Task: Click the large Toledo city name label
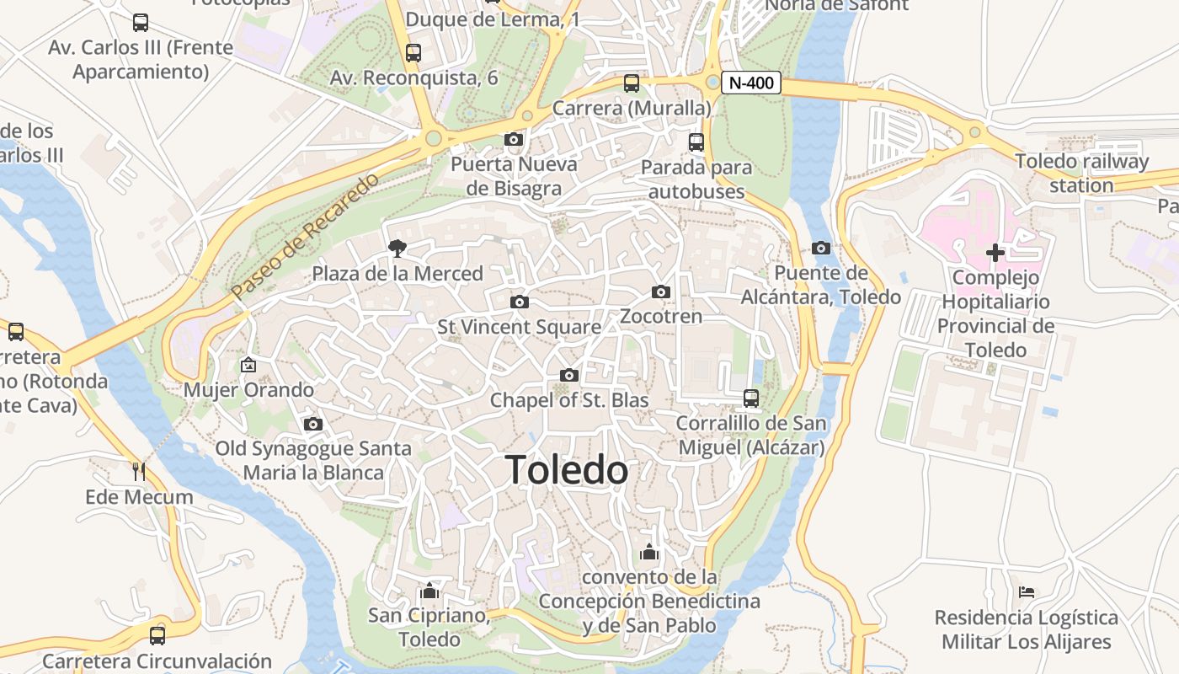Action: (567, 470)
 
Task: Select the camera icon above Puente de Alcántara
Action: (821, 248)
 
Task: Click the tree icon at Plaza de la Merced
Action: (397, 248)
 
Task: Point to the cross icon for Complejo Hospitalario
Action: (995, 252)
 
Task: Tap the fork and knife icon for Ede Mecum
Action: (139, 471)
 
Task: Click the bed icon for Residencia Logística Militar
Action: (1026, 592)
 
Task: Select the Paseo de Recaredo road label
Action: (305, 236)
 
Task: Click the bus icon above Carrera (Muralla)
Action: (632, 83)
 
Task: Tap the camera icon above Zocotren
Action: (661, 292)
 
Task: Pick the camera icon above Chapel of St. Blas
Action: (569, 375)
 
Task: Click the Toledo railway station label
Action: (1081, 173)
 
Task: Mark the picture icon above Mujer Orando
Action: (248, 365)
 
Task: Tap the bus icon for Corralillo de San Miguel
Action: (750, 398)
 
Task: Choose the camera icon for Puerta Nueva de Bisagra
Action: (514, 139)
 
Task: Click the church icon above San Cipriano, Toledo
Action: (429, 591)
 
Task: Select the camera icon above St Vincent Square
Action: (520, 302)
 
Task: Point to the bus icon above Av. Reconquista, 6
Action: (413, 52)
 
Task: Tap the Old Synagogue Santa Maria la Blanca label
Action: (313, 460)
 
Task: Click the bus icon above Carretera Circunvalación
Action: (157, 635)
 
